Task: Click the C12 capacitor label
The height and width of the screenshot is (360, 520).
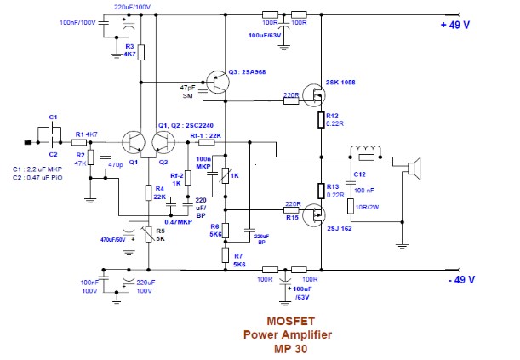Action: click(x=359, y=175)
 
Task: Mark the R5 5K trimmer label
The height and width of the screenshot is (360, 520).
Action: click(x=159, y=235)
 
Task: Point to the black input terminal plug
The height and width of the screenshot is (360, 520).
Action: click(x=29, y=142)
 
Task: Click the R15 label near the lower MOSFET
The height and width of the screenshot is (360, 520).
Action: click(x=292, y=218)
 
